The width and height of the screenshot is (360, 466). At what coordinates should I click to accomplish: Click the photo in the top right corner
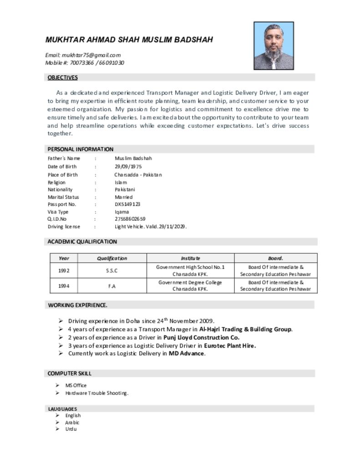pos(274,46)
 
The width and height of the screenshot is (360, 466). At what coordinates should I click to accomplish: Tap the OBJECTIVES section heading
pos(63,77)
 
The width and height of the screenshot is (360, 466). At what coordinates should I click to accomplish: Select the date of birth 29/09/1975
pos(128,167)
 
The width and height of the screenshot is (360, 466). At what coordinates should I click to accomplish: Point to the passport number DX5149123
pos(127,204)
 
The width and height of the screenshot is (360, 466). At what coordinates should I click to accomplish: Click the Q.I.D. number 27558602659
pos(130,219)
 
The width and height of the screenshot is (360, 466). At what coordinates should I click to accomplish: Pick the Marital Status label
pos(63,197)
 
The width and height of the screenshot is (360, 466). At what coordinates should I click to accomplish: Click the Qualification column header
pos(112,258)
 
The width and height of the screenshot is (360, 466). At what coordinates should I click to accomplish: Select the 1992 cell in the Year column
pos(64,271)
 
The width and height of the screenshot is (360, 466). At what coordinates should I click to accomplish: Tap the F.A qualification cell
pos(112,286)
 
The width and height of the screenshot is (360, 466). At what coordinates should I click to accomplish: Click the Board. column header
pos(275,258)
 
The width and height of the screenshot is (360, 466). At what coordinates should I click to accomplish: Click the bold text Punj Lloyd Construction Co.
pos(202,338)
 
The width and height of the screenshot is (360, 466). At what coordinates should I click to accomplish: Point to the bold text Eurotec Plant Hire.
pos(230,346)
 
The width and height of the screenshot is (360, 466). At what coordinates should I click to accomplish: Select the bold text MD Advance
pos(187,354)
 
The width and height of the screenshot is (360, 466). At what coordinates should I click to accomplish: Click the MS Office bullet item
pos(76,385)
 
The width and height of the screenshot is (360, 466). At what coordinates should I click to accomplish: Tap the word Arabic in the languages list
pos(72,422)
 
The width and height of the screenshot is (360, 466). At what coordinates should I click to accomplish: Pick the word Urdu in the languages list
pos(71,429)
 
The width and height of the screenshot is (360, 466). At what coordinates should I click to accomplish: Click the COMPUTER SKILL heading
pos(70,373)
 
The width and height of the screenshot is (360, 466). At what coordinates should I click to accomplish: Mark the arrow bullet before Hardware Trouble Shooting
pos(58,393)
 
